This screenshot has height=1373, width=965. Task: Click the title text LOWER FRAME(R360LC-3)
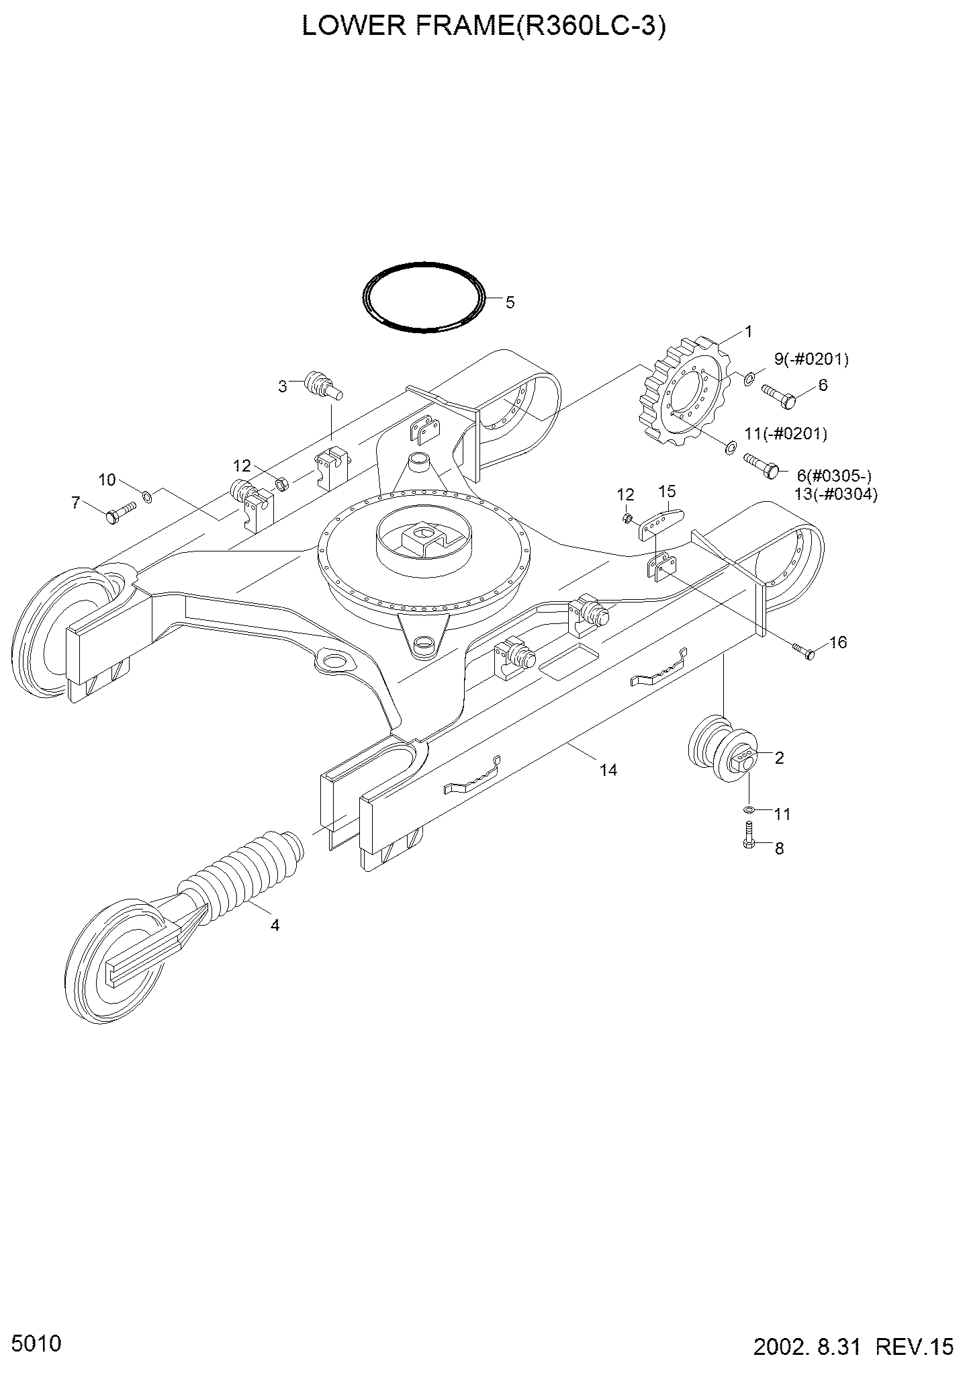pos(484,26)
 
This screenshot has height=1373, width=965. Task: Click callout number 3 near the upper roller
pos(283,386)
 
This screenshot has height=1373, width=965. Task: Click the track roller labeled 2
pos(724,750)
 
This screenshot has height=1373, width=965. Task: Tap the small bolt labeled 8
pos(749,836)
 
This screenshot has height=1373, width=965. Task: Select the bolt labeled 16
pos(804,650)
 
